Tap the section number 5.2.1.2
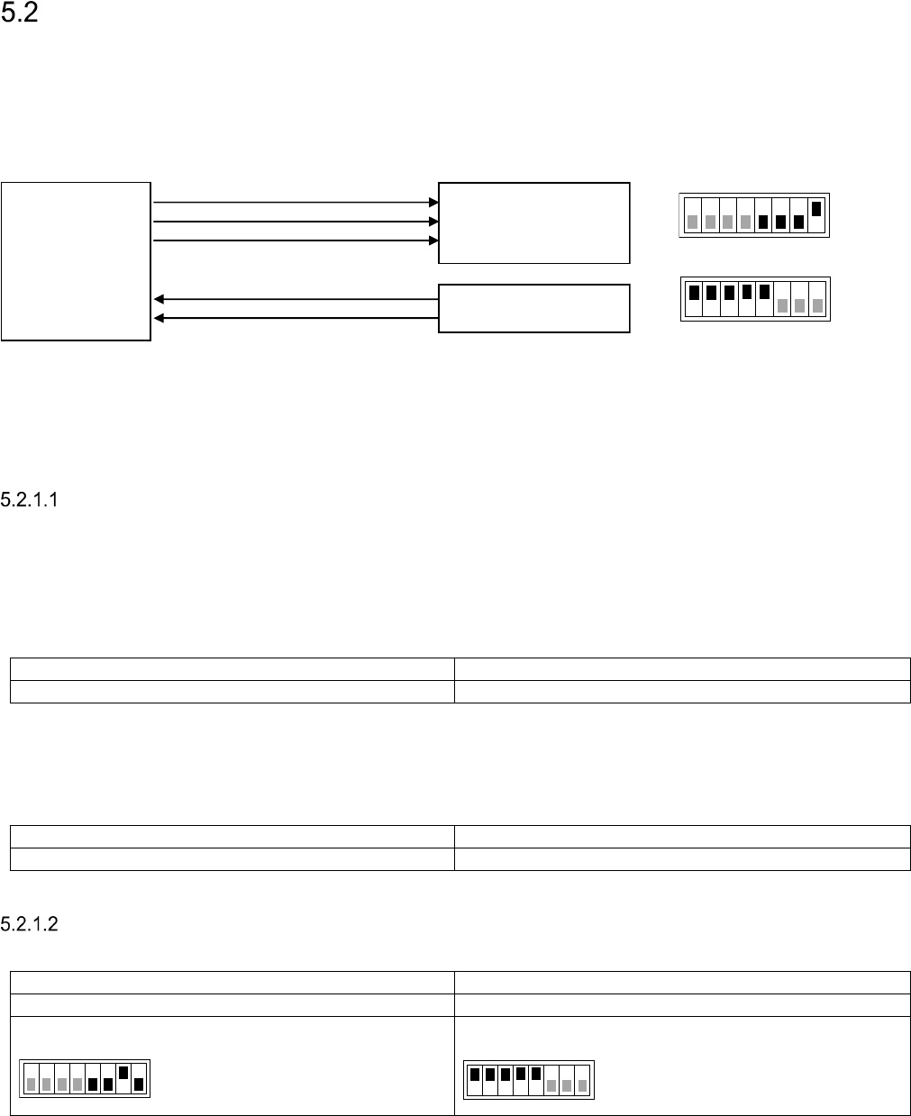tap(30, 924)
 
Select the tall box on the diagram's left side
tap(76, 261)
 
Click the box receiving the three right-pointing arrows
tap(533, 222)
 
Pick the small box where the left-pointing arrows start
tap(533, 308)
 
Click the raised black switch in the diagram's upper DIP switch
tap(816, 209)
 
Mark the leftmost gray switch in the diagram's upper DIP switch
tap(692, 222)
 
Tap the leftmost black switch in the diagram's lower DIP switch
tap(694, 292)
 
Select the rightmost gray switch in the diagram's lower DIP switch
tap(817, 305)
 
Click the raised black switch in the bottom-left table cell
tap(123, 1073)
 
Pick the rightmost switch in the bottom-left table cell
tap(139, 1084)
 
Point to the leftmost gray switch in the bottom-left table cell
tap(31, 1084)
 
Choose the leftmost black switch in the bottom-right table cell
tap(475, 1074)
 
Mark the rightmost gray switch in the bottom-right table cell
tap(582, 1085)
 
